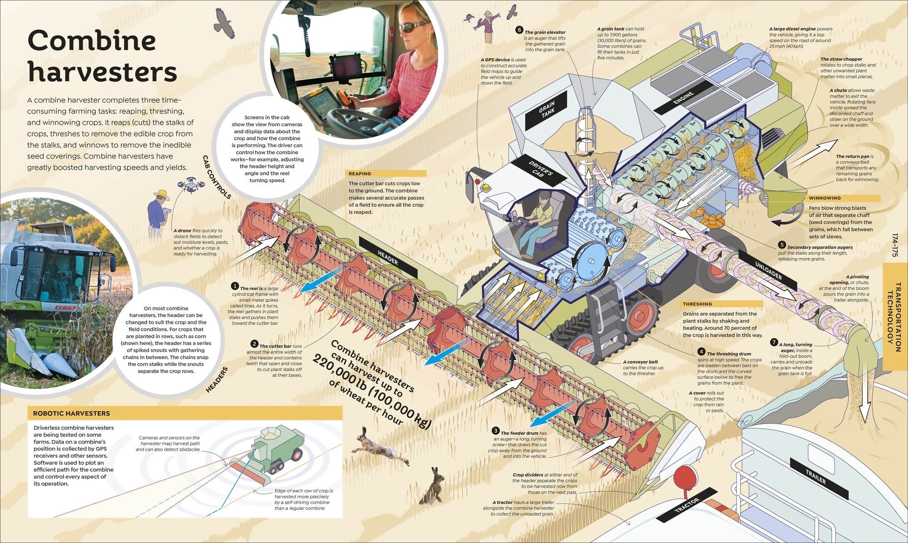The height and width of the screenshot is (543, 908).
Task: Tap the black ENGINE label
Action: click(683, 99)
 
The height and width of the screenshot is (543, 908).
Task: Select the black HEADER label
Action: click(388, 257)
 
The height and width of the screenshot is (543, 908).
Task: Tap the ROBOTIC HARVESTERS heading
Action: click(71, 413)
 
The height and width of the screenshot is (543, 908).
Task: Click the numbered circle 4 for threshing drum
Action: click(701, 352)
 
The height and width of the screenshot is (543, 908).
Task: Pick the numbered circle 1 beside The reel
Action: click(235, 286)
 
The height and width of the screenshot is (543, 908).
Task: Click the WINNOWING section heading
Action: click(824, 198)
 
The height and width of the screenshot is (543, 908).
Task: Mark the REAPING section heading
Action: click(360, 173)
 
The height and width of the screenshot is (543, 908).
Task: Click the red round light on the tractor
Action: click(685, 477)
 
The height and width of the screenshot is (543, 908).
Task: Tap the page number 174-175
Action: click(895, 246)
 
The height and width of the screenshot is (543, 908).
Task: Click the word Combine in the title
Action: click(92, 41)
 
